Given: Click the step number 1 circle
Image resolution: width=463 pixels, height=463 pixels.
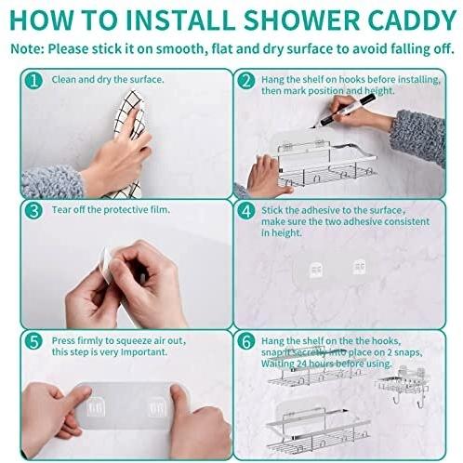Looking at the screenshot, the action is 33,81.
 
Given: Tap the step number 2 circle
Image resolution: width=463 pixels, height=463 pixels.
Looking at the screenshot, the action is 246,81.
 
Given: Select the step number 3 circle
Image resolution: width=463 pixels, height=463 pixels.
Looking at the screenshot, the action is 33,211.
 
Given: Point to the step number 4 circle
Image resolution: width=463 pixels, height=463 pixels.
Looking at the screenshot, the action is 246,211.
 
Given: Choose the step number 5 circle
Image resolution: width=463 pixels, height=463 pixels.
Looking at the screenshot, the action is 33,341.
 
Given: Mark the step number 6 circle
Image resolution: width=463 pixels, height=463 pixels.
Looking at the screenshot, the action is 246,341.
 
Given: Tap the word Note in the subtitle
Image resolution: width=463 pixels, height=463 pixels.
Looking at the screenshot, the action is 27,49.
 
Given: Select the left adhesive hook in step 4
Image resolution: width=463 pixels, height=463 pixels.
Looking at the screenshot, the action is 316,270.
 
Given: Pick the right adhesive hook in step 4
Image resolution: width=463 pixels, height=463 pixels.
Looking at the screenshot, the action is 360,267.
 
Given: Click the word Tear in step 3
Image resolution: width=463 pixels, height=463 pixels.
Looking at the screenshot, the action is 60,210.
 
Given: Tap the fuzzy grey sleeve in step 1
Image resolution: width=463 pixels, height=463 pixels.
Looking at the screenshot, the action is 52,182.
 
